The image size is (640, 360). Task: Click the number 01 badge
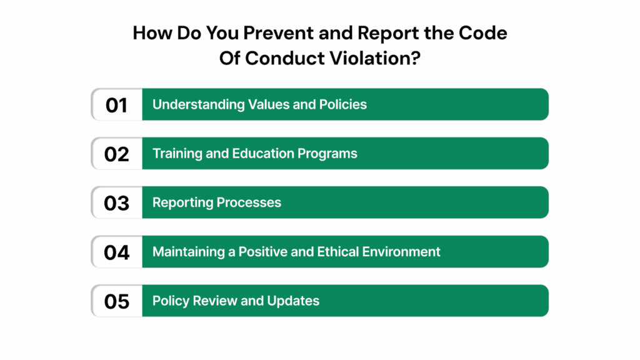[x=116, y=104]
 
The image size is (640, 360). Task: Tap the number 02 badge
[x=116, y=153]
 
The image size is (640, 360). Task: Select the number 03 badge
[x=116, y=202]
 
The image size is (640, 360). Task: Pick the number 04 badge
[x=116, y=252]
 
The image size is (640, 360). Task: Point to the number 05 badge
[x=116, y=301]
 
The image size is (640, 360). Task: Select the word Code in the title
[x=482, y=34]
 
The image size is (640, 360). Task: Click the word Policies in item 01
[x=343, y=104]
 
